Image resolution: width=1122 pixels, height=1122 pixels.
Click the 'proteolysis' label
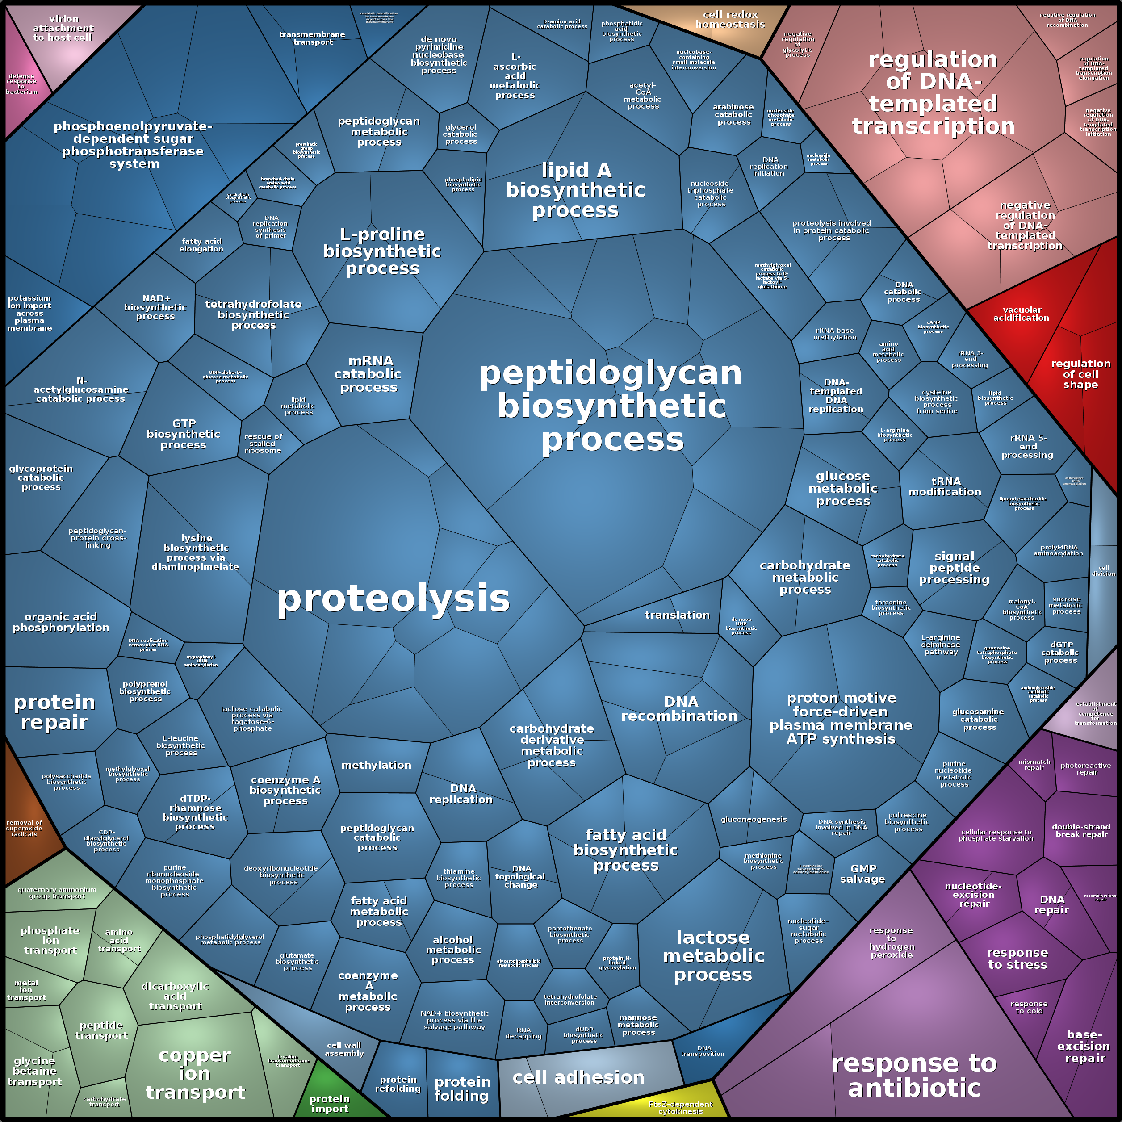tap(393, 599)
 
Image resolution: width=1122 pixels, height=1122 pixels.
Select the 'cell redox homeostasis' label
tap(730, 19)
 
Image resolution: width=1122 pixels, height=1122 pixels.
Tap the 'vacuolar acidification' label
tap(1021, 314)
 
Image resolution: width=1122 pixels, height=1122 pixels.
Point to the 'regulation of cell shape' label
tap(1080, 374)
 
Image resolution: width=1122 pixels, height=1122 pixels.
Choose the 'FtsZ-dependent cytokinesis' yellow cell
tap(680, 1107)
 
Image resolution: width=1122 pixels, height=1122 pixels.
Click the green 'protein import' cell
tap(329, 1103)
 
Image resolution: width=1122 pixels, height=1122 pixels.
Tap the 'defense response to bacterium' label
tap(21, 84)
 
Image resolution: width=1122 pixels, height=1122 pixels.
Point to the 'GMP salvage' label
tap(863, 874)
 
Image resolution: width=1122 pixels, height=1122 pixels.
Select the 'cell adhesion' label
tap(578, 1077)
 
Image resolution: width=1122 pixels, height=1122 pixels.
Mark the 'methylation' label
tap(377, 765)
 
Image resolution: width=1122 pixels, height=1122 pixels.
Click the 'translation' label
tap(677, 615)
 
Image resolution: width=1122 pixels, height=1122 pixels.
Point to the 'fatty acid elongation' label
tap(201, 244)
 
